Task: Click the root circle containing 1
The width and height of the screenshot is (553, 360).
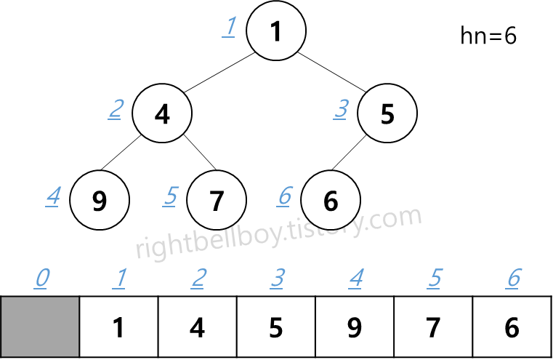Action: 275,32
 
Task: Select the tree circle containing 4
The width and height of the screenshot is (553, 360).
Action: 162,114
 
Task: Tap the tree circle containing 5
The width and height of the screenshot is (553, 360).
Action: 387,114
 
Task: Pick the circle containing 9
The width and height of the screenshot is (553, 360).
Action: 100,200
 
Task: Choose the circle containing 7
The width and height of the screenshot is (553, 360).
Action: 216,200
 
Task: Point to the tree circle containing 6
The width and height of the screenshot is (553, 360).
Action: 331,200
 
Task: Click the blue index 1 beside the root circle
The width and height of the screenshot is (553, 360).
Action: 229,28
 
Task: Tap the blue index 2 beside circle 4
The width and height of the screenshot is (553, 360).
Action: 116,110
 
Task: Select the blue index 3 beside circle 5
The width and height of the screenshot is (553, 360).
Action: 341,110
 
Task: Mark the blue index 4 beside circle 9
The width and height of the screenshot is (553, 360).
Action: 52,196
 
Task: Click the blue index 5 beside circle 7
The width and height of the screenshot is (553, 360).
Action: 170,196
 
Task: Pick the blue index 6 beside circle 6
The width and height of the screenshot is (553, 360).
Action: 285,196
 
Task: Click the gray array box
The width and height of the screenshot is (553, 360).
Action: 40,327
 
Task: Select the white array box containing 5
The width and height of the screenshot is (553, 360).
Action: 276,327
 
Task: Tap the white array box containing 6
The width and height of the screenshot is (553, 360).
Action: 512,327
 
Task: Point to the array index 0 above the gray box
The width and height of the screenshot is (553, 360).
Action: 43,278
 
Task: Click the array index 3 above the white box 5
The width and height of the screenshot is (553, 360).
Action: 277,278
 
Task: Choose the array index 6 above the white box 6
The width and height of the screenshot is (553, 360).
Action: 513,278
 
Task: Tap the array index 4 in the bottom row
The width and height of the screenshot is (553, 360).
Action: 355,278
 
